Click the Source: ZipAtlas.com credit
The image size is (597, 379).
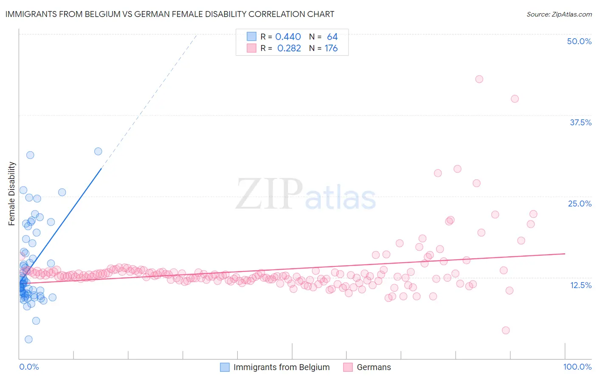coord(559,14)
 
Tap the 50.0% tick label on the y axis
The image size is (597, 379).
coord(579,41)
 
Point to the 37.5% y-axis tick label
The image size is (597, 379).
coord(580,122)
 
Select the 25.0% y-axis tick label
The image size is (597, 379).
coord(580,204)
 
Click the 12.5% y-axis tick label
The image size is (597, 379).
coord(580,285)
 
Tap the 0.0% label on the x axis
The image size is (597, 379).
coord(29,367)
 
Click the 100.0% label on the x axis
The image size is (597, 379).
coord(577,367)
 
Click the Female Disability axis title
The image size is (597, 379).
coord(12,194)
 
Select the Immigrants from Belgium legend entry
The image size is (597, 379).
coord(281,367)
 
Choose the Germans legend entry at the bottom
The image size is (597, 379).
coord(374,367)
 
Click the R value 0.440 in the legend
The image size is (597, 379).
coord(288,37)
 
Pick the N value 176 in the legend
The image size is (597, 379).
coord(331,48)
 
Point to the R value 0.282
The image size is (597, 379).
coord(289,48)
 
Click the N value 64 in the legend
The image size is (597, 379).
coord(332,37)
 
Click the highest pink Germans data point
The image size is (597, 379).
coord(479,79)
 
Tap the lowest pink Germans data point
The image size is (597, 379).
coord(505,330)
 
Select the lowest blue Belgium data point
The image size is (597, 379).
coord(28,339)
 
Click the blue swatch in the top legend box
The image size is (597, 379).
coord(252,37)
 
